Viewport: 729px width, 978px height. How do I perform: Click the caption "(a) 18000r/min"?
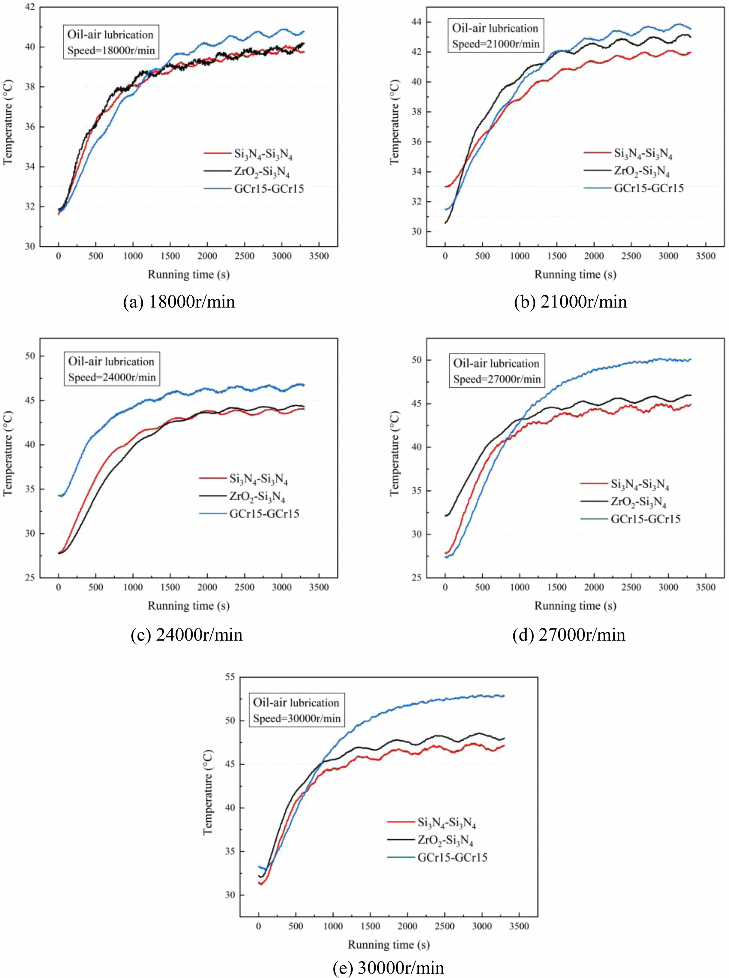[179, 302]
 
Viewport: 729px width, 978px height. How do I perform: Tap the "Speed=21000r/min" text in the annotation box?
[495, 44]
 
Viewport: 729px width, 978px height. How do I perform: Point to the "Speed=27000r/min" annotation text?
[497, 379]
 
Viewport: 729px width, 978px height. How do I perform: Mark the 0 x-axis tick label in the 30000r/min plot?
[259, 926]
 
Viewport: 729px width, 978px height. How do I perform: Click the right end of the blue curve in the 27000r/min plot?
[690, 360]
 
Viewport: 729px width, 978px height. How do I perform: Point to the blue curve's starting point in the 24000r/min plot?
[59, 495]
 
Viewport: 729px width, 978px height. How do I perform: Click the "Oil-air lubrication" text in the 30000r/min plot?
[296, 703]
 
